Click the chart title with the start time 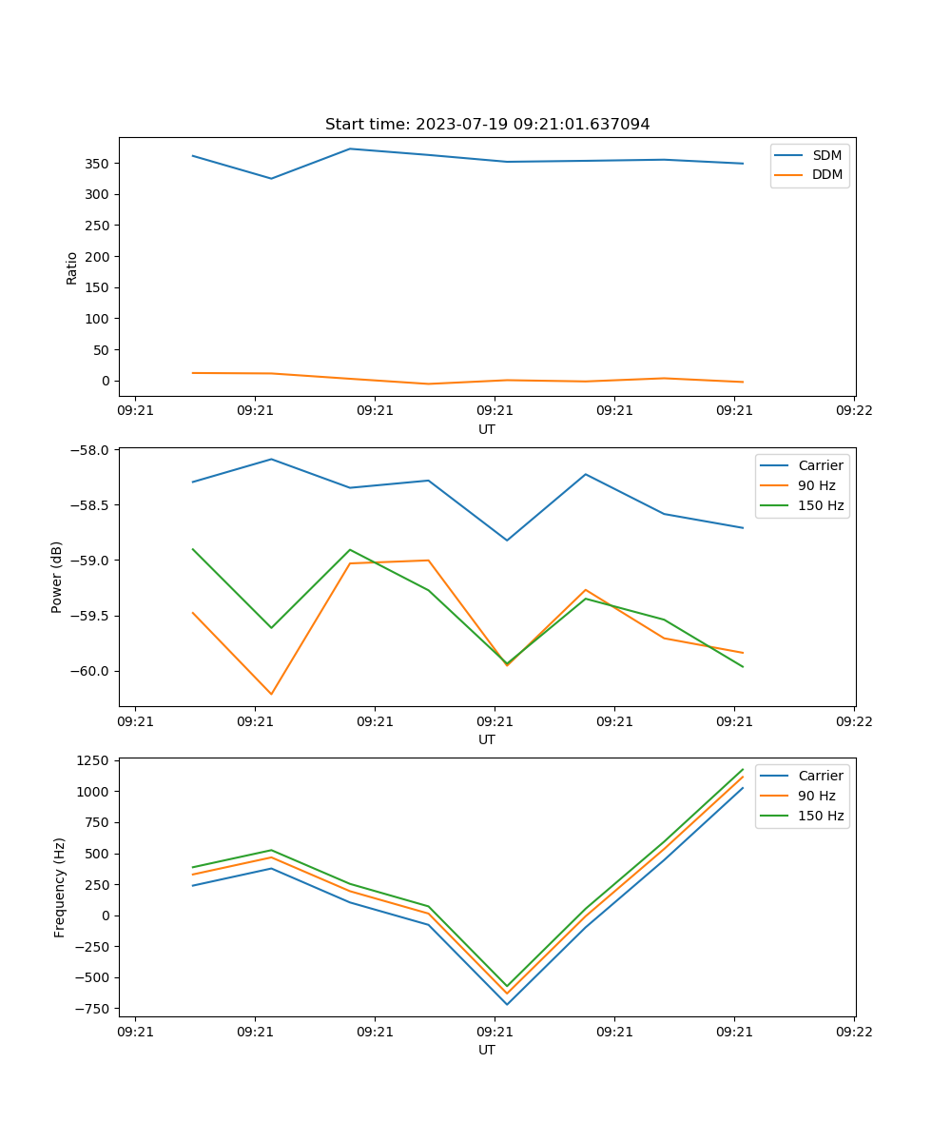pos(487,125)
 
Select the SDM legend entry pos(826,155)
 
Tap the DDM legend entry pos(826,174)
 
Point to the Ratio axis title pos(72,267)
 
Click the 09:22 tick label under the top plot pos(853,411)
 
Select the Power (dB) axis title pos(57,577)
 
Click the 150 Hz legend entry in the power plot pos(820,505)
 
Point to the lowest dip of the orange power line pos(271,694)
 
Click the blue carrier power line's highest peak pos(271,459)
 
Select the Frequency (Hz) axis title pos(60,887)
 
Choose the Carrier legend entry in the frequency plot pos(820,776)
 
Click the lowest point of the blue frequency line pos(507,1004)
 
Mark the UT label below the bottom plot pos(487,1050)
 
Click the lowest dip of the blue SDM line pos(271,179)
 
